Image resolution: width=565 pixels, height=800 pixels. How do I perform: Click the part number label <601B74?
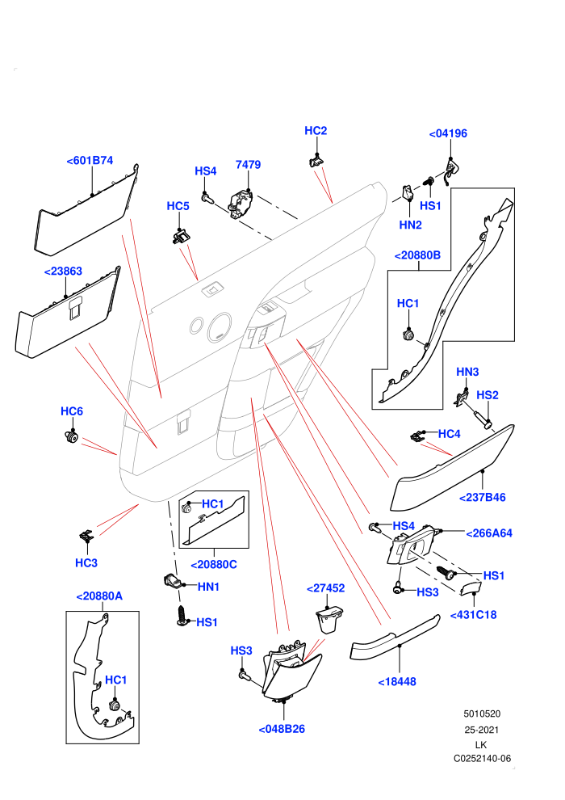pyautogui.click(x=90, y=160)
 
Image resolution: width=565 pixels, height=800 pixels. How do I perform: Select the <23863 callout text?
pyautogui.click(x=63, y=271)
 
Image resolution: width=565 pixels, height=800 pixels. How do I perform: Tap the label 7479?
pyautogui.click(x=248, y=164)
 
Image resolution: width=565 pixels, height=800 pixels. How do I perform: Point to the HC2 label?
pyautogui.click(x=316, y=131)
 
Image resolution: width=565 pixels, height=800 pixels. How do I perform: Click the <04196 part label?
pyautogui.click(x=448, y=133)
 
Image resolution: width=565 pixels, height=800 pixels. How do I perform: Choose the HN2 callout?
pyautogui.click(x=410, y=225)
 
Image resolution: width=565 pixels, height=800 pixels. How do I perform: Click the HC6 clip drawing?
pyautogui.click(x=71, y=436)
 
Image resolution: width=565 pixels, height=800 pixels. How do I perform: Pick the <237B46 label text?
pyautogui.click(x=482, y=498)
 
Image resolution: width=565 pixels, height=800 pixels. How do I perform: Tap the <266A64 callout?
pyautogui.click(x=489, y=533)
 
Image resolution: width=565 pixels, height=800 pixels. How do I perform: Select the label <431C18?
pyautogui.click(x=473, y=615)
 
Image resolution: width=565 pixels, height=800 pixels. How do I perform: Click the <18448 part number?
pyautogui.click(x=397, y=682)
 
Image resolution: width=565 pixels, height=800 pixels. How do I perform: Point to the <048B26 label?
pyautogui.click(x=282, y=729)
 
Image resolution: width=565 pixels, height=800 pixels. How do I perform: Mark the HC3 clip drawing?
pyautogui.click(x=86, y=537)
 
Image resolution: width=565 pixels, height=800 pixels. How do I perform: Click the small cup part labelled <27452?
pyautogui.click(x=328, y=619)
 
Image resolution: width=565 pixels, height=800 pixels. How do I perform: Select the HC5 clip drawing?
pyautogui.click(x=179, y=236)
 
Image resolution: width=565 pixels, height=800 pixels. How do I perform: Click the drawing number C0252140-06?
pyautogui.click(x=482, y=759)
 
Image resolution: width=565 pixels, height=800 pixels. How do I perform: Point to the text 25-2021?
pyautogui.click(x=481, y=730)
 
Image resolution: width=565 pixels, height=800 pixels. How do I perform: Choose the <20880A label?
pyautogui.click(x=99, y=596)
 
